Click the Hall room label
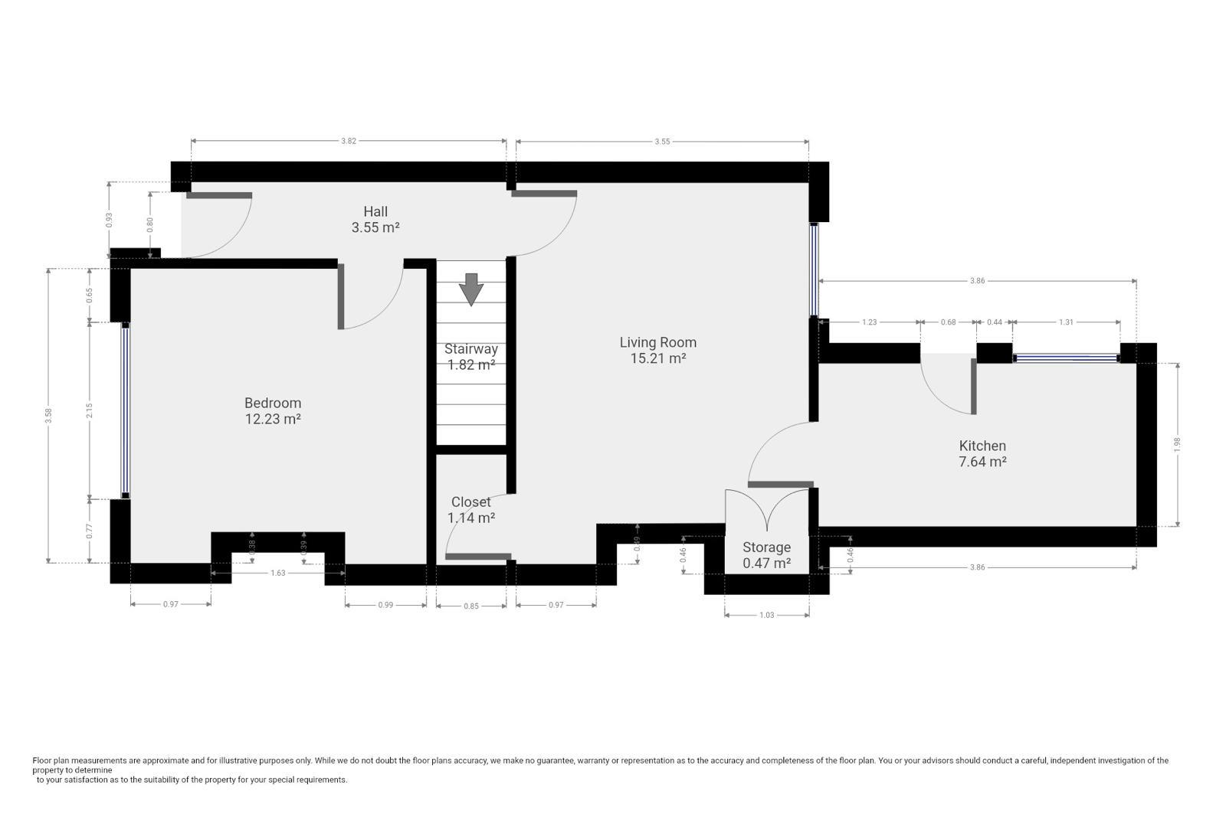[x=375, y=211]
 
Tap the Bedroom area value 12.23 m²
[x=273, y=419]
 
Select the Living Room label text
[x=658, y=342]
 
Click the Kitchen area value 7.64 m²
[x=982, y=462]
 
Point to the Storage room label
[x=766, y=547]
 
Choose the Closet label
[x=470, y=502]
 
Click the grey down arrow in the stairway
[x=470, y=289]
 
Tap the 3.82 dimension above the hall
[x=349, y=141]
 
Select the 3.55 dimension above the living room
[x=662, y=142]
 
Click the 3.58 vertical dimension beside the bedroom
[x=49, y=416]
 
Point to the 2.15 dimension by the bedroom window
[x=89, y=410]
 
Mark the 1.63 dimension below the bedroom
[x=278, y=573]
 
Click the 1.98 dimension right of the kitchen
[x=1177, y=444]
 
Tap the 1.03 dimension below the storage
[x=767, y=615]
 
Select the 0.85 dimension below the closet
[x=470, y=606]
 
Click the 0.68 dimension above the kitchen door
[x=948, y=322]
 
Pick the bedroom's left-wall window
[x=126, y=410]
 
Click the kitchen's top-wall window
[x=1066, y=358]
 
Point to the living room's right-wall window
[x=814, y=270]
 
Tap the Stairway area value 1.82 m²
[x=471, y=364]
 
